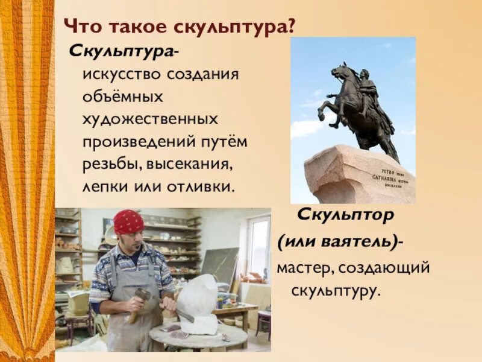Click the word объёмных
coord(124,97)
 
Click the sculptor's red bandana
coord(129,222)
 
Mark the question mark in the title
coord(292,27)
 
